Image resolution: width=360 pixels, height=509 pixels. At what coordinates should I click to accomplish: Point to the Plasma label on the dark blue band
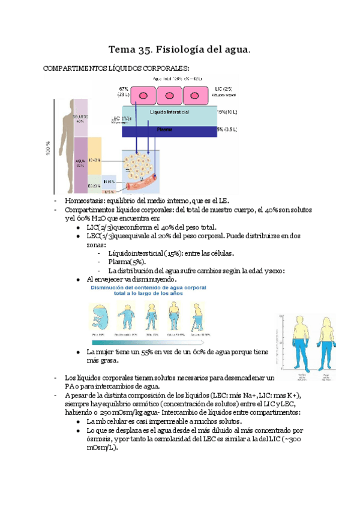164,129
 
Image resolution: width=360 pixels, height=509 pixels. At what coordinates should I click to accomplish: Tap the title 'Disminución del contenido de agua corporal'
148,288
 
